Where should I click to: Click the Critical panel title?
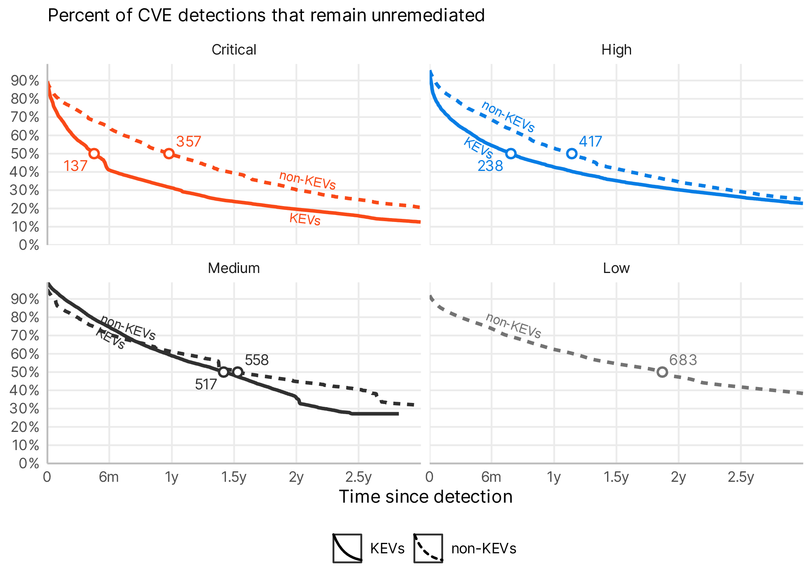click(234, 50)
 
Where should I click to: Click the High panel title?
click(616, 50)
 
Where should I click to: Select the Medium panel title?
click(234, 268)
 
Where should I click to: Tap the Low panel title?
click(616, 268)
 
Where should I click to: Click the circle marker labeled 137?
click(94, 154)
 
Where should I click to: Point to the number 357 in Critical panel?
click(188, 142)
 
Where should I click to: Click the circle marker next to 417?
click(571, 154)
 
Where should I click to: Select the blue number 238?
click(490, 166)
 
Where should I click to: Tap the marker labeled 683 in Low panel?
click(662, 372)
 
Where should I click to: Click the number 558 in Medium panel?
click(256, 360)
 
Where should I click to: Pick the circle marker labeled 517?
click(223, 372)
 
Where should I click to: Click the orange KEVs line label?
click(305, 219)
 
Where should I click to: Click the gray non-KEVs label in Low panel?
click(513, 326)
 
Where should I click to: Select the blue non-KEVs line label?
click(508, 116)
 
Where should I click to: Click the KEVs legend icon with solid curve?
click(347, 548)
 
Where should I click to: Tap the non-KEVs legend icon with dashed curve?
click(428, 548)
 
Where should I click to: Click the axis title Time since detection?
click(425, 496)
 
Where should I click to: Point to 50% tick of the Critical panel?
click(25, 154)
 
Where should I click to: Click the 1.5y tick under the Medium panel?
click(234, 477)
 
